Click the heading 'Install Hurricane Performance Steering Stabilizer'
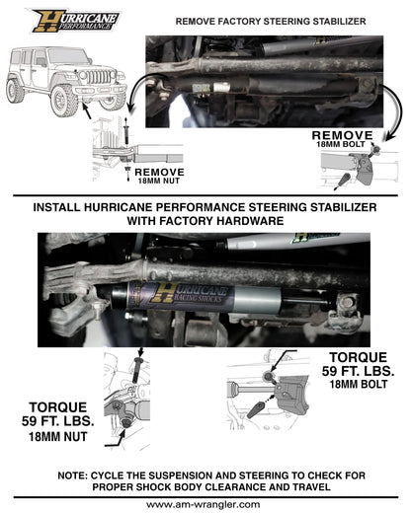tap(205, 209)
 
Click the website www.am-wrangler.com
tap(205, 504)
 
